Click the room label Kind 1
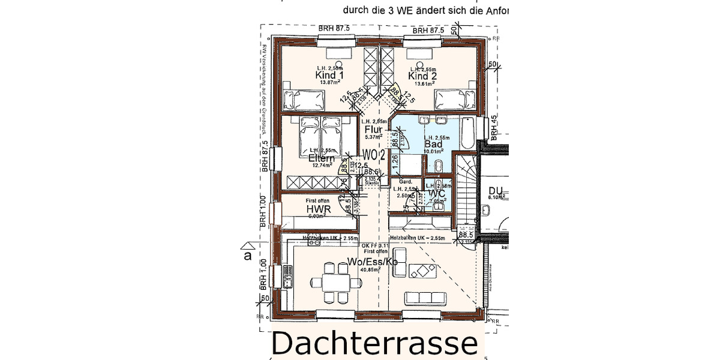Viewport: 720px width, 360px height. pyautogui.click(x=329, y=76)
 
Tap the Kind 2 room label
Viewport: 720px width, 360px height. pyautogui.click(x=422, y=76)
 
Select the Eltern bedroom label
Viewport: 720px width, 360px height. pyautogui.click(x=321, y=158)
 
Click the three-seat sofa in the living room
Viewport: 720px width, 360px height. pyautogui.click(x=426, y=298)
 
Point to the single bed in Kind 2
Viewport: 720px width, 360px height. pyautogui.click(x=453, y=97)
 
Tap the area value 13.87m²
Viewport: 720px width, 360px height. pyautogui.click(x=329, y=83)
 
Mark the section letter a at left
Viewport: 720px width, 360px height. pyautogui.click(x=247, y=256)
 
